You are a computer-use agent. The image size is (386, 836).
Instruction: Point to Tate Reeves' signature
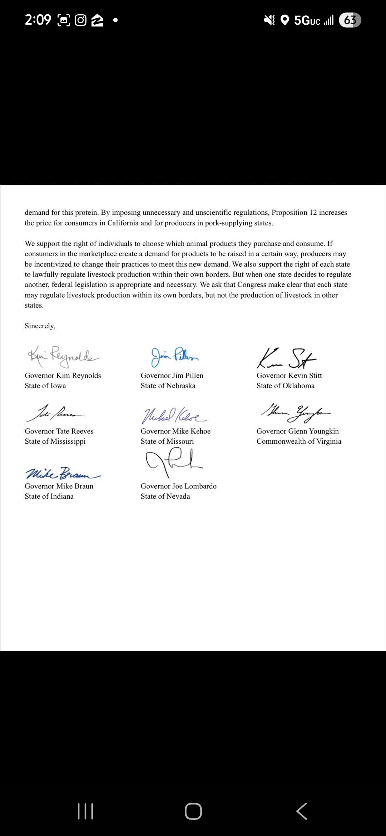point(55,413)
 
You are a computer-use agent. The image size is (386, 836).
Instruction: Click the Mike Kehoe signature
point(174,415)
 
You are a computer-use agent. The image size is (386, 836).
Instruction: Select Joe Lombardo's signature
point(174,462)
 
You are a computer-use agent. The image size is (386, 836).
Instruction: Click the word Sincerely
point(40,326)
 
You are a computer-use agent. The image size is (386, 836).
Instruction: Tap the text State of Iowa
point(45,386)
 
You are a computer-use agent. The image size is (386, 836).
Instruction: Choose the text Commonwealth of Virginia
point(299,442)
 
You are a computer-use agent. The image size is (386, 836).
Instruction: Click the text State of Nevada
point(165,497)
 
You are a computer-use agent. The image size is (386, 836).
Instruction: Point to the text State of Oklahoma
point(286,386)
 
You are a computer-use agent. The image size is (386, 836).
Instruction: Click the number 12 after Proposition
point(313,213)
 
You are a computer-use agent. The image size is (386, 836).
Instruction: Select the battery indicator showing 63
point(350,20)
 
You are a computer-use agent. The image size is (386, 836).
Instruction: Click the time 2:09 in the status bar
point(38,20)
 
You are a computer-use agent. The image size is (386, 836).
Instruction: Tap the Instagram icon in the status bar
point(81,20)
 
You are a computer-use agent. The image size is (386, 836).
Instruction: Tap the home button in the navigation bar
point(193,811)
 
